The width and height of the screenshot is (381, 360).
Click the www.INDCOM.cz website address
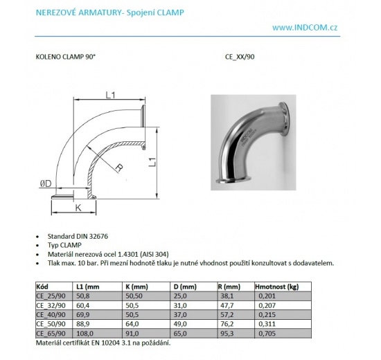pyautogui.click(x=324, y=28)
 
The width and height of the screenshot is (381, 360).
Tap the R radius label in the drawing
pyautogui.click(x=119, y=167)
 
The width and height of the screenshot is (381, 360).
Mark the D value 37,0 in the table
pyautogui.click(x=182, y=314)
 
